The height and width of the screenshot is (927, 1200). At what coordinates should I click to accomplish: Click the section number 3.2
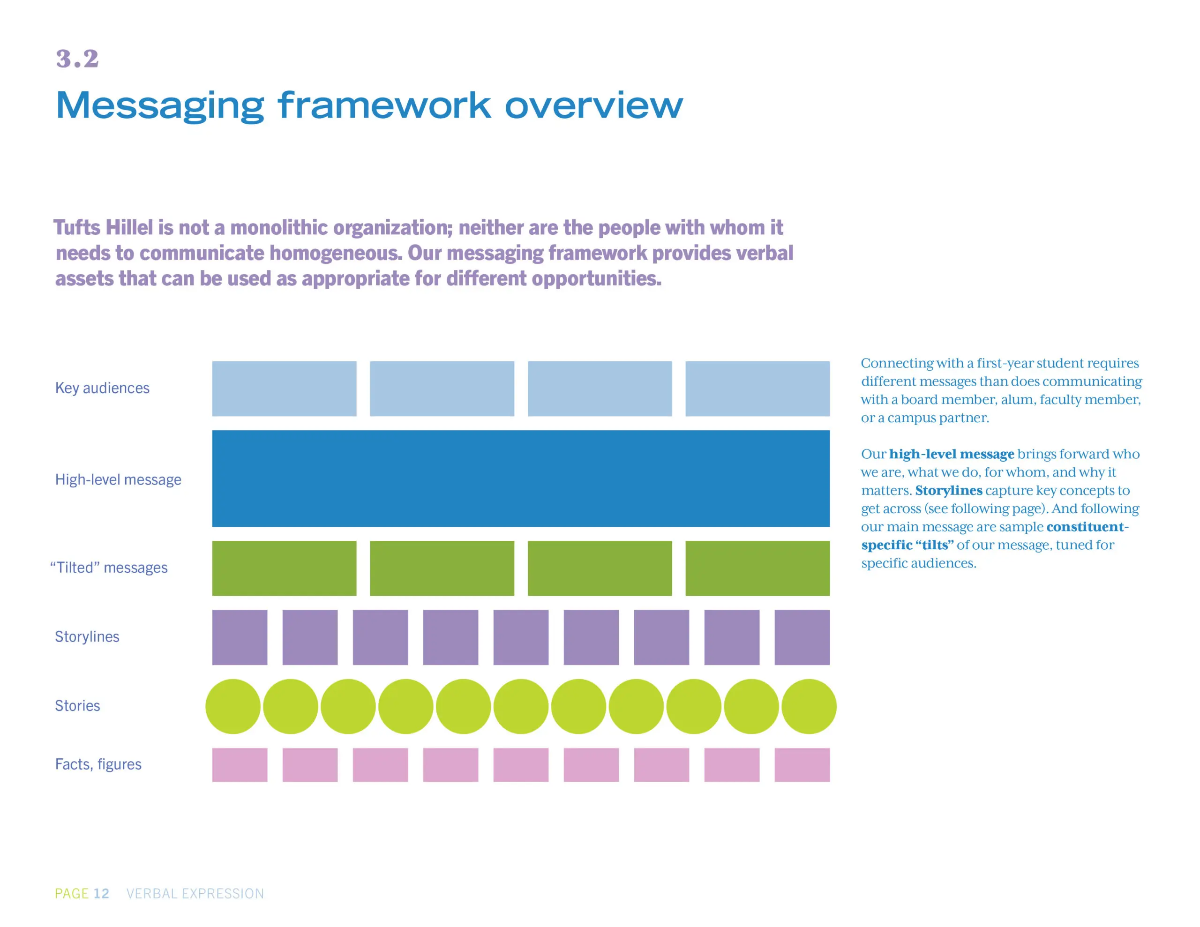click(77, 59)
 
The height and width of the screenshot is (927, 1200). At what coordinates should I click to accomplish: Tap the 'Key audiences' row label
click(102, 389)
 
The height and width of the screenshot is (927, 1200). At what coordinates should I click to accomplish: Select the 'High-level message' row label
click(118, 480)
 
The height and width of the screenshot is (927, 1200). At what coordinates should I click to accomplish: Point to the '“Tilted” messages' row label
click(109, 568)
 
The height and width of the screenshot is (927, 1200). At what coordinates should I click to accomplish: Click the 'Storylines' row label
click(87, 637)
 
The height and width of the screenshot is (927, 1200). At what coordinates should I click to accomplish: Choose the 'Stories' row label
click(77, 705)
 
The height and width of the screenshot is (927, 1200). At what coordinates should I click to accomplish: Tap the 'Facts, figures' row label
click(98, 764)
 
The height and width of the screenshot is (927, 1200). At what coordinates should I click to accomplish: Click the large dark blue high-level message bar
click(521, 478)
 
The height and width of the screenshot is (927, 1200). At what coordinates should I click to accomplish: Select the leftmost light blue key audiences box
click(284, 389)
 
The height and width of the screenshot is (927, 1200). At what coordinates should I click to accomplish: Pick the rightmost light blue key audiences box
click(757, 389)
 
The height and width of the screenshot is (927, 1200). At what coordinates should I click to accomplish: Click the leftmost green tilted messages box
click(284, 568)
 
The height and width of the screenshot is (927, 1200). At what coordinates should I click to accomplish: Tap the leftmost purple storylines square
click(240, 637)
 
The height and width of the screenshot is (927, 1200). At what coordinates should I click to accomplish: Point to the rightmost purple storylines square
click(802, 637)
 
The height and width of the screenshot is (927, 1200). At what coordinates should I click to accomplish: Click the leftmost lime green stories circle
click(233, 707)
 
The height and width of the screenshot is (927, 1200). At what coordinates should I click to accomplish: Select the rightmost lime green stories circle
click(809, 707)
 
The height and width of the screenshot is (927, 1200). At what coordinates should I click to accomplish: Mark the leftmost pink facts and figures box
click(240, 765)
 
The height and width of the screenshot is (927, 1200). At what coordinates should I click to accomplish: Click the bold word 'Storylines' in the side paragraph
click(949, 490)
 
